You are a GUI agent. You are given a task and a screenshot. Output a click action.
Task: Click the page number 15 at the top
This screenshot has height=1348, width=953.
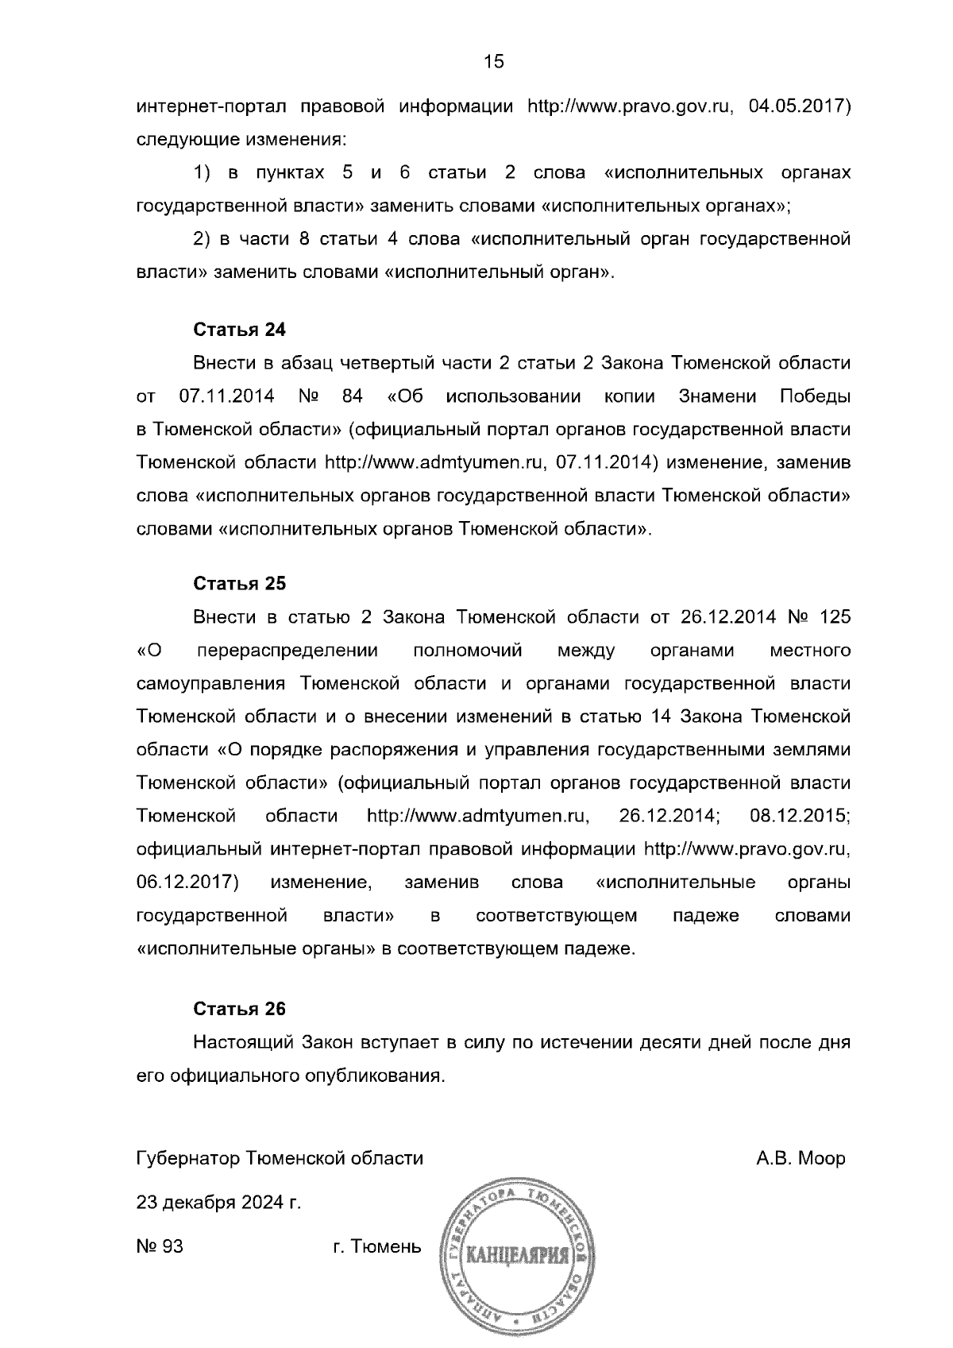[x=493, y=62]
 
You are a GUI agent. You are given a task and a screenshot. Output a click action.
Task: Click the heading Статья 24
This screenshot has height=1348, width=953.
[x=239, y=330]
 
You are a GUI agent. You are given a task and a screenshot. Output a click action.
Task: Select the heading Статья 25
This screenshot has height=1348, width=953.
[x=239, y=584]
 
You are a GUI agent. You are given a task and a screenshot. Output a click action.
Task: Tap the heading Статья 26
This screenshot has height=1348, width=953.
[x=239, y=1010]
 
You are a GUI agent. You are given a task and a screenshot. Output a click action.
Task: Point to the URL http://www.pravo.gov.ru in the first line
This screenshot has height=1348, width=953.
[x=629, y=107]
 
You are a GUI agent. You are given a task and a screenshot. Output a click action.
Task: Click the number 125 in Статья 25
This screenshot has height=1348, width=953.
[x=834, y=617]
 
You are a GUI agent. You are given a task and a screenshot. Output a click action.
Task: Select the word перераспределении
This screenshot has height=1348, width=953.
[x=287, y=651]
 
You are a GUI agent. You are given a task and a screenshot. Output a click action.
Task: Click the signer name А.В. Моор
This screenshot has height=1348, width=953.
[x=801, y=1158]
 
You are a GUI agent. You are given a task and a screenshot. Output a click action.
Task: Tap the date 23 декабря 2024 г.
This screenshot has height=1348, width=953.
[x=219, y=1203]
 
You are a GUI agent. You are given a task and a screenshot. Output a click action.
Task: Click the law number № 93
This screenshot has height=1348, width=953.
[x=160, y=1247]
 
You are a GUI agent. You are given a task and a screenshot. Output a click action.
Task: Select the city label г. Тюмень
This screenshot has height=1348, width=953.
[x=376, y=1247]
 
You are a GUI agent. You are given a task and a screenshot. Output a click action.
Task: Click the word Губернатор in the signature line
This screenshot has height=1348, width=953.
[x=187, y=1158]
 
